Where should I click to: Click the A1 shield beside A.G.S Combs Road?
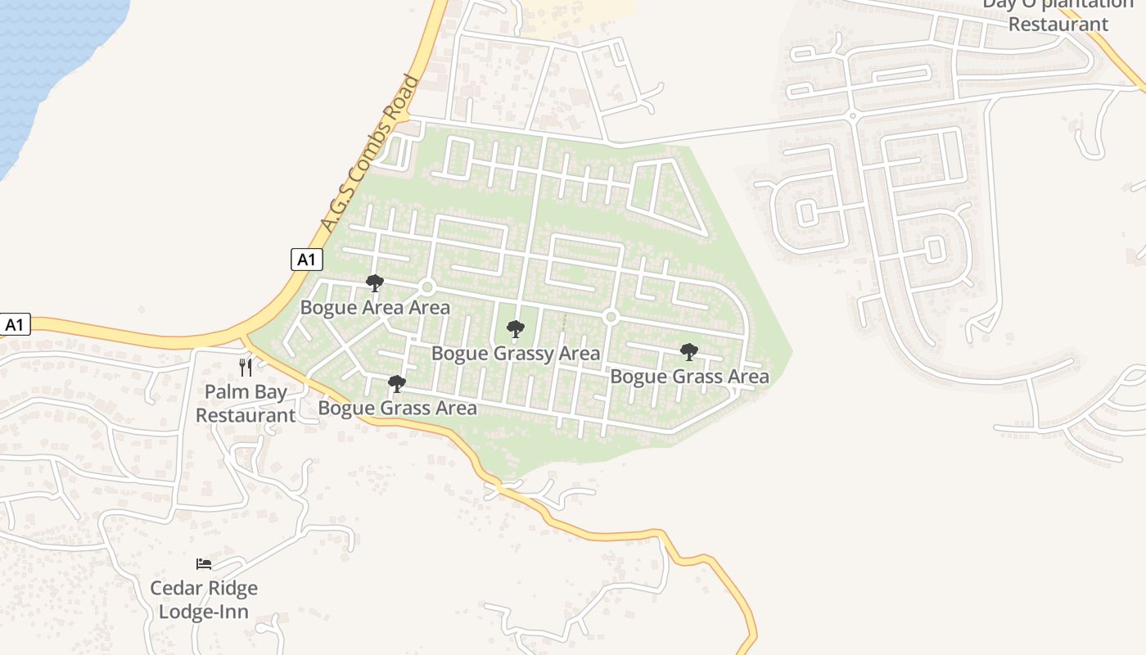[x=307, y=260]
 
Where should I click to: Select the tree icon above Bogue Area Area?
[x=375, y=283]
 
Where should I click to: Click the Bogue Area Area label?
[x=375, y=308]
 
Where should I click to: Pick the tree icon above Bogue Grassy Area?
[x=516, y=329]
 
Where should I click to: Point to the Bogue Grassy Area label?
[x=516, y=354]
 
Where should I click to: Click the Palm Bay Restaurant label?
[x=246, y=403]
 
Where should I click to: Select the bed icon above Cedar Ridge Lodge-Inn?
[x=204, y=563]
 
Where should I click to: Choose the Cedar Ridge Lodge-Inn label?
[x=204, y=599]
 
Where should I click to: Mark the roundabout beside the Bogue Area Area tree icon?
[x=426, y=287]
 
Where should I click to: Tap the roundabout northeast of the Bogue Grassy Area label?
[x=610, y=316]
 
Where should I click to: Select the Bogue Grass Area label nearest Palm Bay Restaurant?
[x=397, y=408]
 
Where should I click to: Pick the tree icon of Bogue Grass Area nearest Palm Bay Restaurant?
[x=397, y=383]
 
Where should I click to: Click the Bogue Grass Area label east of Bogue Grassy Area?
[x=689, y=377]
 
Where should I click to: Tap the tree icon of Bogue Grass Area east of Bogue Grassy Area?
[x=689, y=352]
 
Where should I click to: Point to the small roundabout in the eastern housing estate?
[x=852, y=116]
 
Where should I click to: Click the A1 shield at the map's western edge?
[x=14, y=324]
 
